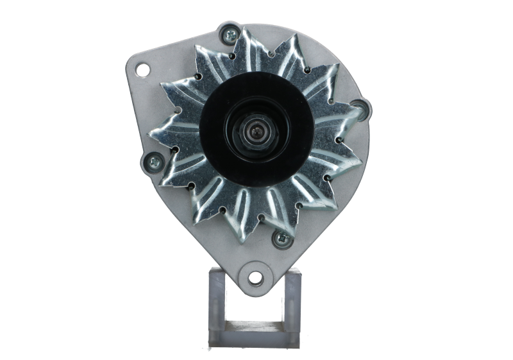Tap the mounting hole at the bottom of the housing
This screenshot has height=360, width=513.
coord(255,277)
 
